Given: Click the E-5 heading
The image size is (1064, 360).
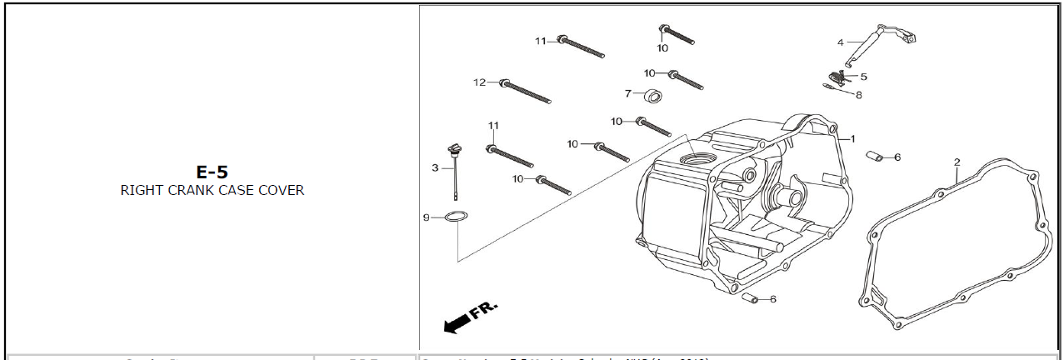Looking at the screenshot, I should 212,172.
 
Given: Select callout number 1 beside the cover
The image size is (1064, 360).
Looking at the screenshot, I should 852,139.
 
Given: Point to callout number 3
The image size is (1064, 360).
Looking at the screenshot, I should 435,167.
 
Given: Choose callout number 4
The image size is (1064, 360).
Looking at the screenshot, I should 841,42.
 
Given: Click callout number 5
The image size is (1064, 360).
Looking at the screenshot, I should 863,77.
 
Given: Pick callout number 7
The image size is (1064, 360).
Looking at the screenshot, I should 628,93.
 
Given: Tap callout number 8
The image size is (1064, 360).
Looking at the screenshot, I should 858,95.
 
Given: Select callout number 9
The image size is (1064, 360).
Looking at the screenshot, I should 426,217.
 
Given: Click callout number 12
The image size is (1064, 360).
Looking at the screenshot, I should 479,82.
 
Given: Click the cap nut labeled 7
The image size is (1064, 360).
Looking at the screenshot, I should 654,95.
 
